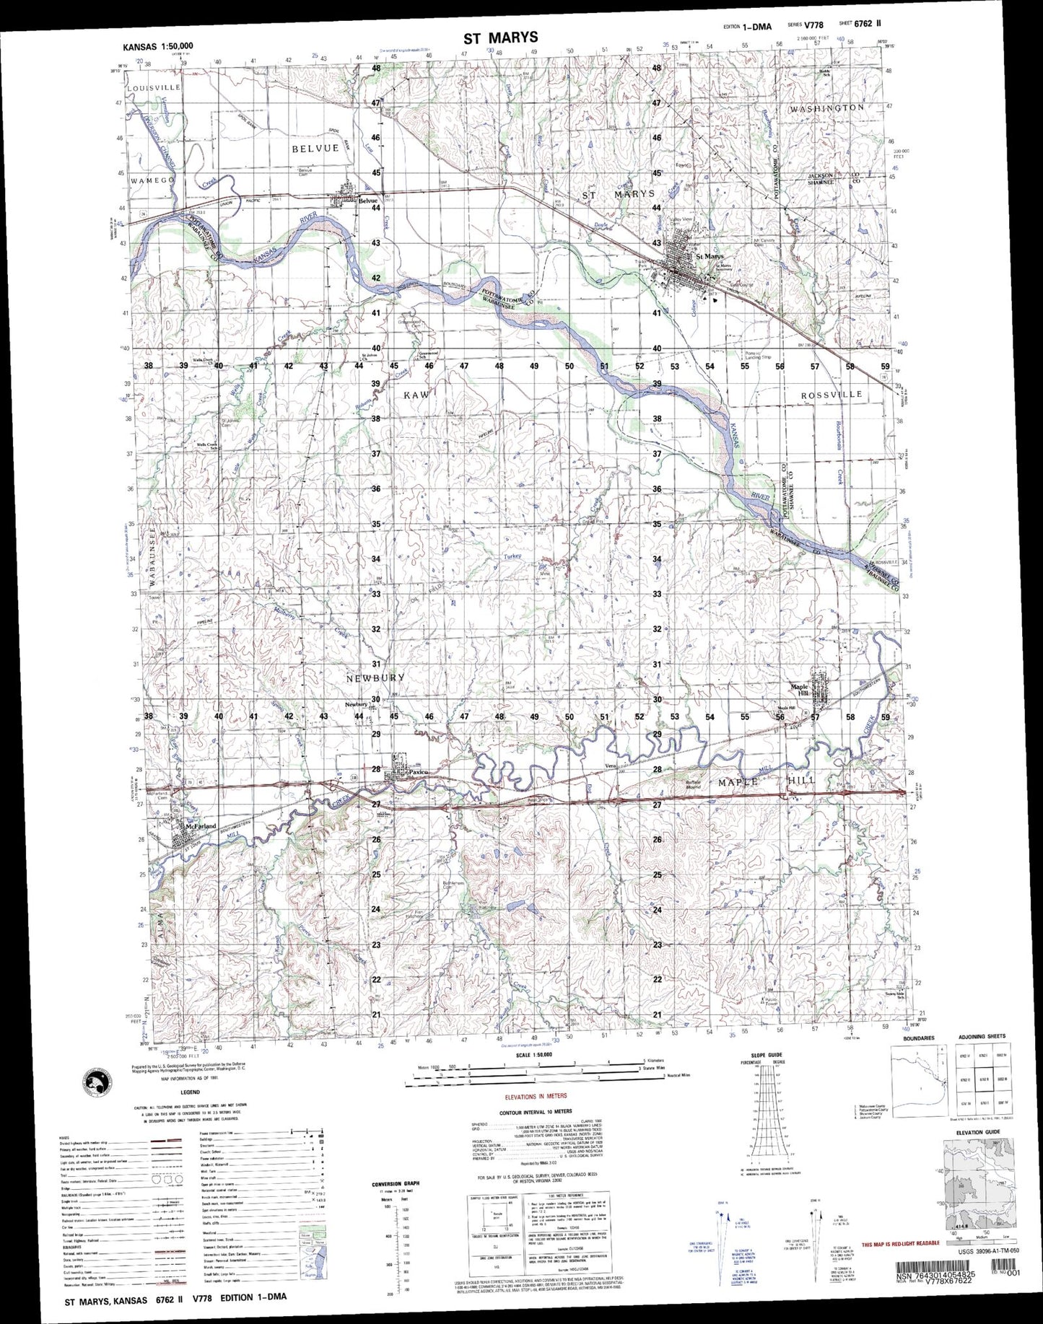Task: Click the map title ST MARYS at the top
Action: pos(500,38)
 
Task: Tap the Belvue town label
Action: pos(367,201)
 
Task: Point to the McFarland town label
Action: pos(201,826)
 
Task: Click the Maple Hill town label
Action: pos(800,690)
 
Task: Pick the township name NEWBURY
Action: pos(375,678)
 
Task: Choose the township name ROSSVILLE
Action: pos(832,395)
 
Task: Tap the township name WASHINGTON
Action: pos(826,108)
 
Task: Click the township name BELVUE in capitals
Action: pos(315,148)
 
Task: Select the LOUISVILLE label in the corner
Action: pos(154,87)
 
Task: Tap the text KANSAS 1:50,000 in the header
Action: pos(157,46)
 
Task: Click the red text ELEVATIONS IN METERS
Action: pos(536,1097)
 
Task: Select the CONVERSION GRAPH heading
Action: pos(395,1184)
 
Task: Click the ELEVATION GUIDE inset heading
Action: pos(978,1132)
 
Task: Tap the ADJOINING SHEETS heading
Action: pos(981,1037)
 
